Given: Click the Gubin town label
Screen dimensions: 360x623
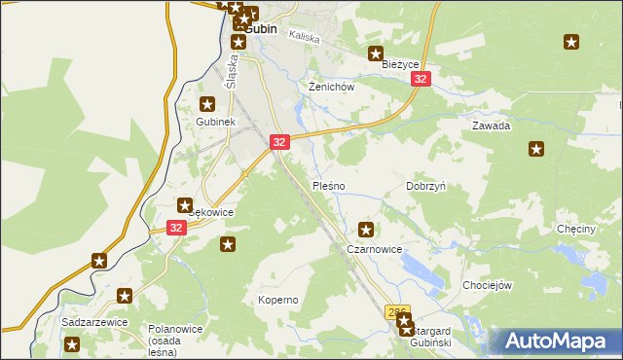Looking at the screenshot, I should (x=261, y=29).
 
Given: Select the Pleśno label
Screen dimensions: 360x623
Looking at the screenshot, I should (x=328, y=185).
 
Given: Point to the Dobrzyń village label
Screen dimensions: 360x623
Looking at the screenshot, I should (x=425, y=185).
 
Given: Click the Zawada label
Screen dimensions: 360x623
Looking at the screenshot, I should (x=492, y=126).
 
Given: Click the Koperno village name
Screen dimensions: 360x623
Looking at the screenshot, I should (x=277, y=300).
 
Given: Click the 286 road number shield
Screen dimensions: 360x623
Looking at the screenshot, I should (x=397, y=312).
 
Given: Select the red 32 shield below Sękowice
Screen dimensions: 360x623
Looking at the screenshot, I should (x=175, y=228).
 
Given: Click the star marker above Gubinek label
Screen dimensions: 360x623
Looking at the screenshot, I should (x=206, y=104).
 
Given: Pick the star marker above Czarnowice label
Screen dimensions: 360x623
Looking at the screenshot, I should (x=366, y=231).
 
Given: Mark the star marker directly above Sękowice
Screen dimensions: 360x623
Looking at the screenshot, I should (x=184, y=205).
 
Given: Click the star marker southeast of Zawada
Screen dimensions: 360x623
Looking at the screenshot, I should (x=536, y=149).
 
